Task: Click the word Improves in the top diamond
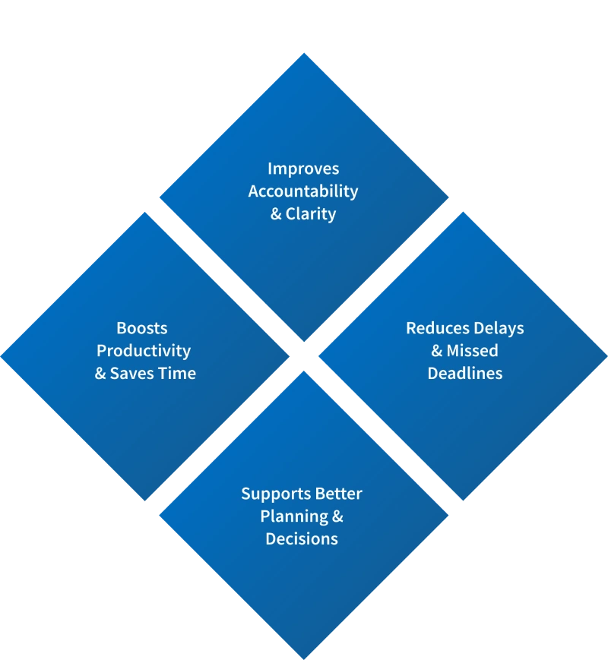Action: pos(303,169)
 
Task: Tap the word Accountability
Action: pos(303,191)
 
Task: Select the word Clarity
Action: pos(311,213)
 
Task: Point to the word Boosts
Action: pos(142,328)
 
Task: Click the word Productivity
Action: pos(144,351)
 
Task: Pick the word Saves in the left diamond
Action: pos(131,373)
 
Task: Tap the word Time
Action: pos(176,373)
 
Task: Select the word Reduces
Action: pos(435,328)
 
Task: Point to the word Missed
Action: pos(472,351)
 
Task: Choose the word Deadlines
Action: pos(464,373)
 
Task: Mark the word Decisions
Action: pos(302,538)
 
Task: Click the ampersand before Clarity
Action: pos(276,213)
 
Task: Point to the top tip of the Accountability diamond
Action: pos(304,51)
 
